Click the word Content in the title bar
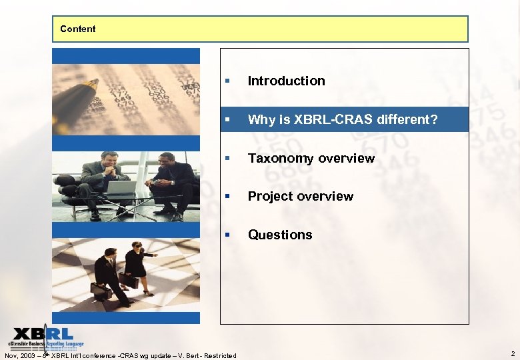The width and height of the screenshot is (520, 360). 77,29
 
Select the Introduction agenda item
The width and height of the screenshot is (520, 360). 286,81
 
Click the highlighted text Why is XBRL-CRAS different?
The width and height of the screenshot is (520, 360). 343,119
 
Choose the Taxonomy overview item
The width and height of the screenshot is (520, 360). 311,158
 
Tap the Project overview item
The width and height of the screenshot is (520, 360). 300,196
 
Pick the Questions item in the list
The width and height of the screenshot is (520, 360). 279,235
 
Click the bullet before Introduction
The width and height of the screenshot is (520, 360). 228,81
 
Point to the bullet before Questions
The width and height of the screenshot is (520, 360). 228,235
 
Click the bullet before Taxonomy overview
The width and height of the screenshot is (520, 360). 228,159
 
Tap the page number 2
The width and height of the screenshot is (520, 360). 512,353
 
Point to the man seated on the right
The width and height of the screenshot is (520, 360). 171,180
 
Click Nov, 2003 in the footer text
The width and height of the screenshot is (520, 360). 20,355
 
